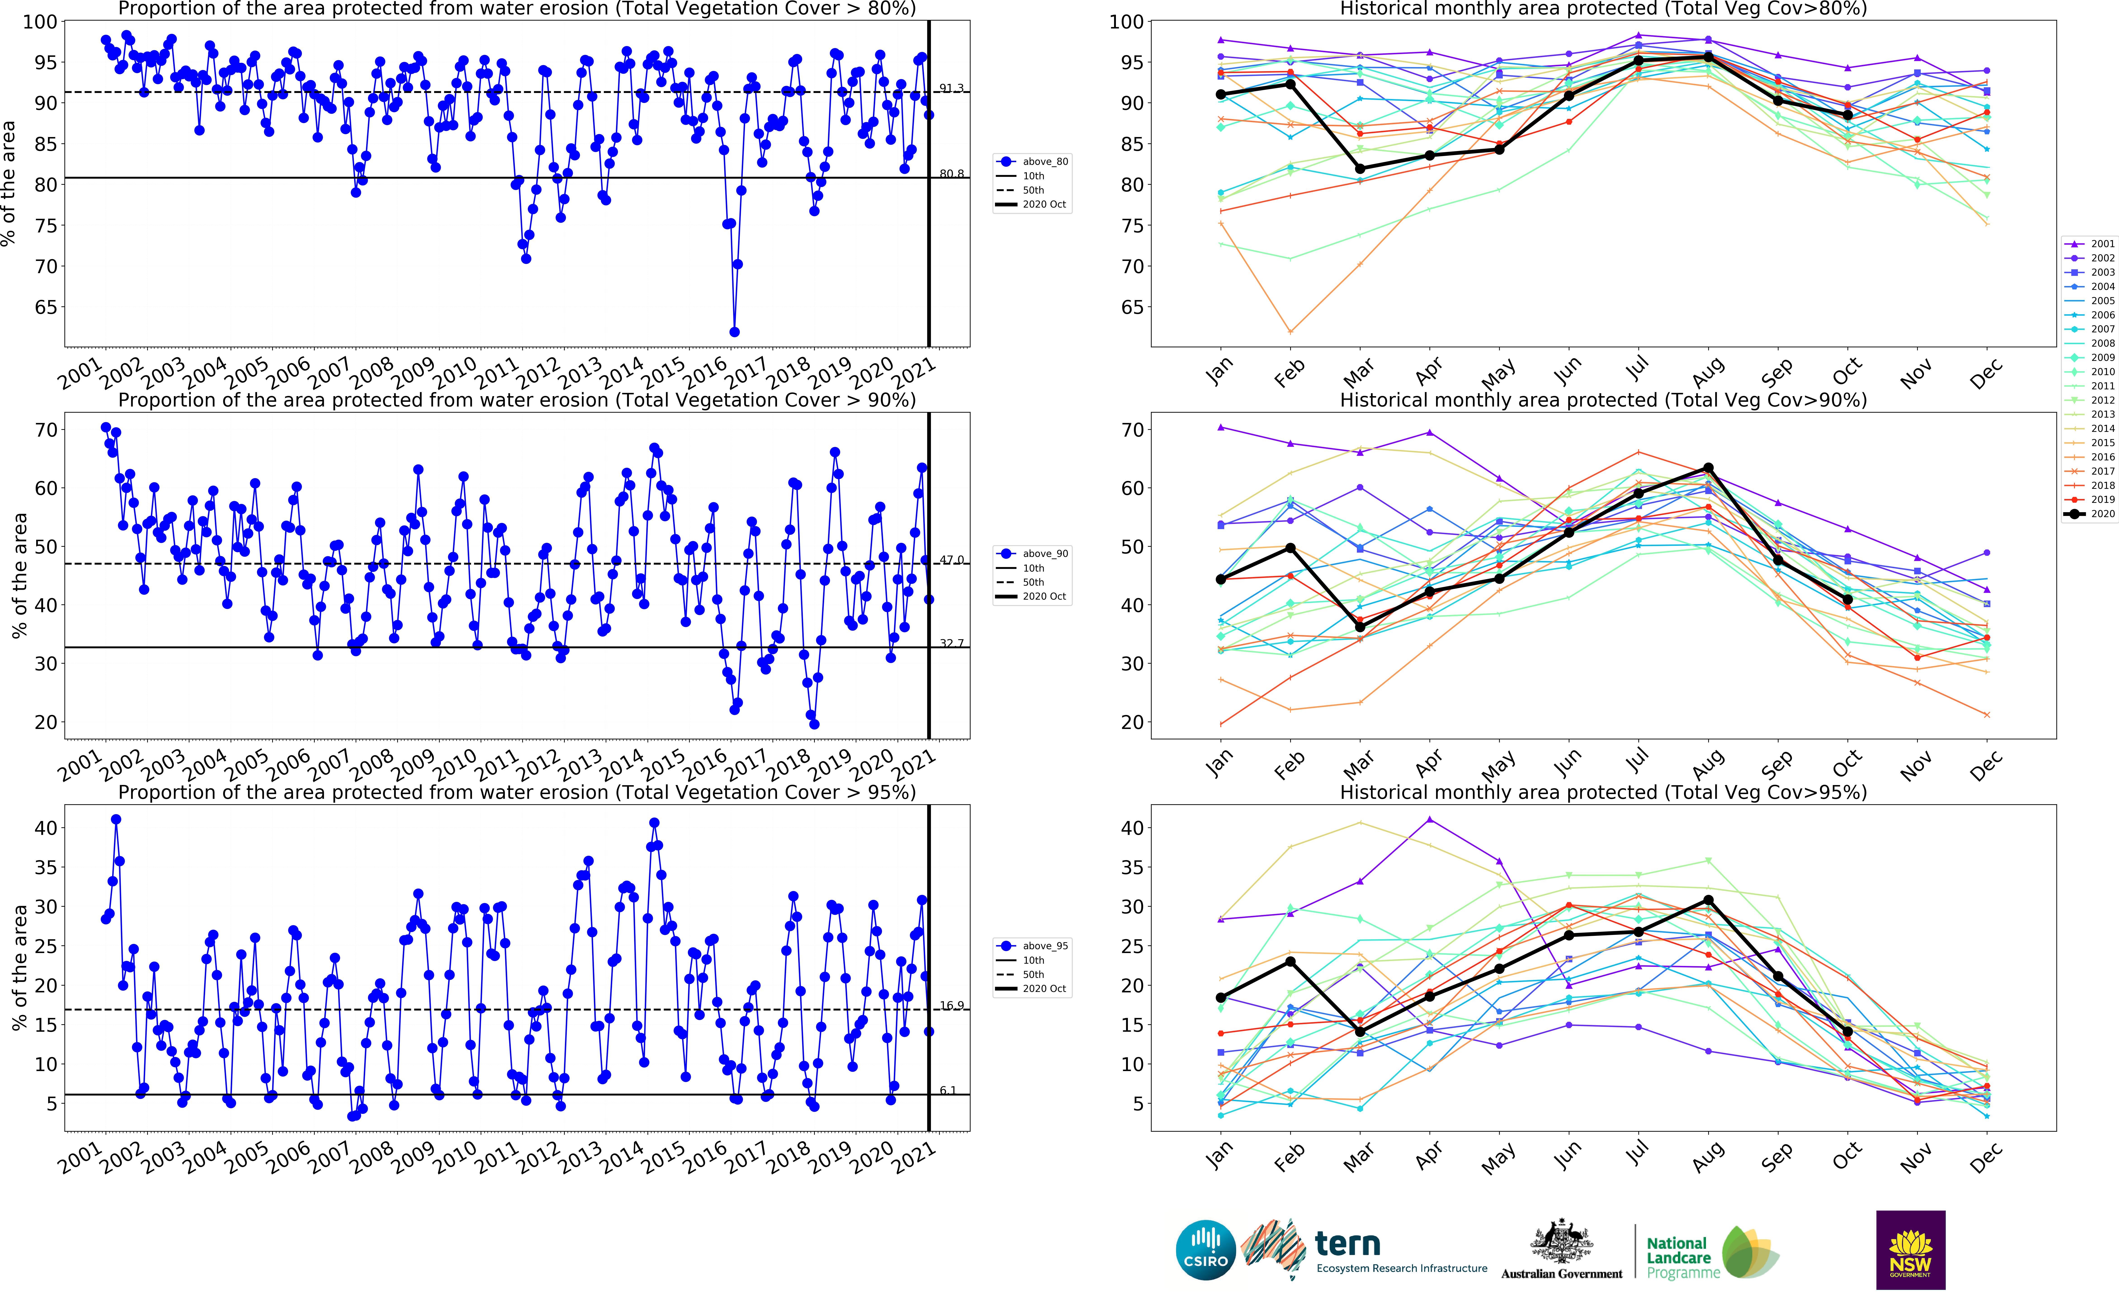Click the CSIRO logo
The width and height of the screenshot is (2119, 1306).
(x=1205, y=1250)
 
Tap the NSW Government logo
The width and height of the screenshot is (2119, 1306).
(x=1910, y=1250)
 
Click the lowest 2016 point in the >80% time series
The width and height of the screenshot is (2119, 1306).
(x=734, y=332)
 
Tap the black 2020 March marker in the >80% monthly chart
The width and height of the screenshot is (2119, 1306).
(x=1360, y=168)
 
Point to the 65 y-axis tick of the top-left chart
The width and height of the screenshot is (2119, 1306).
(x=45, y=308)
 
